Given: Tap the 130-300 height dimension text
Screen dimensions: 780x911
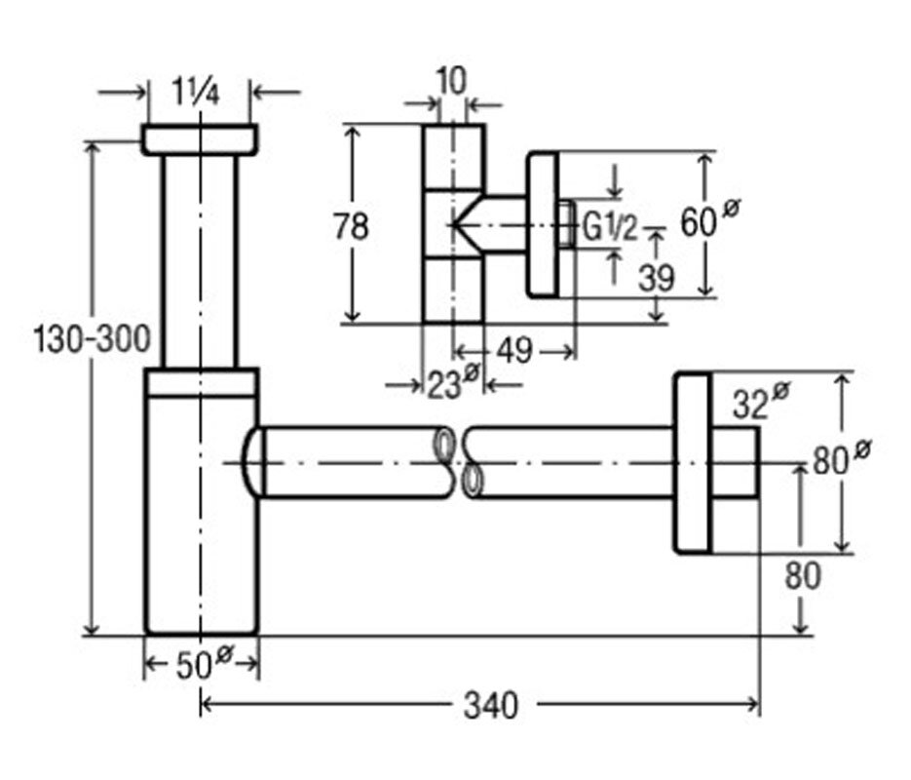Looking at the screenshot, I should click(93, 340).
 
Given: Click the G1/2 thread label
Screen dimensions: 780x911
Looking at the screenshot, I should click(610, 228).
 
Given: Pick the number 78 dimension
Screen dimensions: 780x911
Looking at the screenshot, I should click(351, 227).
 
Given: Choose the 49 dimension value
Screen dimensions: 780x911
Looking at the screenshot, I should click(514, 349).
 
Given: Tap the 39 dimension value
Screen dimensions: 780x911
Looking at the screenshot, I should click(656, 278).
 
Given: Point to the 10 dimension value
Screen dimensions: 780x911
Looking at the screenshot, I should click(450, 82).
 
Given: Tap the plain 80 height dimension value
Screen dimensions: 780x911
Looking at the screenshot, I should click(803, 576).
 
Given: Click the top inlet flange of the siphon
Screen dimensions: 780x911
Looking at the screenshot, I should click(200, 139).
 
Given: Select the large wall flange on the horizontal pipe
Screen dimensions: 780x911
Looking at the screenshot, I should click(694, 462).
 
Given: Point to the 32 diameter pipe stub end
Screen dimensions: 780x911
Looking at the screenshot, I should click(736, 462).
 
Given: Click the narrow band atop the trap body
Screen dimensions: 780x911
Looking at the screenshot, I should click(201, 382).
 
